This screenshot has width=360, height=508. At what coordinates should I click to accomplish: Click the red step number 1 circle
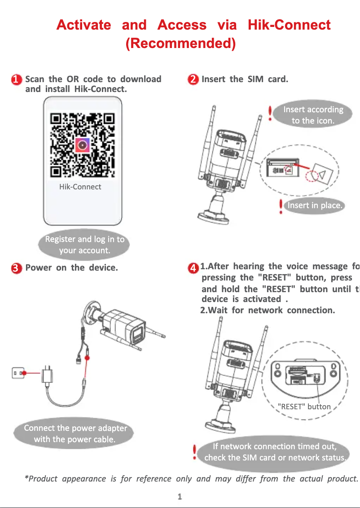point(16,80)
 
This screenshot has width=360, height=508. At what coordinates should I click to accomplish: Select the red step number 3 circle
point(16,268)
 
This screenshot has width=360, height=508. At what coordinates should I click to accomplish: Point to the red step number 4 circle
point(193,268)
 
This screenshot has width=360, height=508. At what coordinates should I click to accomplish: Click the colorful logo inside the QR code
point(82,145)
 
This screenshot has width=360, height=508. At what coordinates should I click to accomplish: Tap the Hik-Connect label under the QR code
point(80,187)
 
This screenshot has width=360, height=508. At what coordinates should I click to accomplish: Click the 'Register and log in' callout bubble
point(84,245)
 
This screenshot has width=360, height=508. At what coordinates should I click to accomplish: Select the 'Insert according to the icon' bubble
point(313,115)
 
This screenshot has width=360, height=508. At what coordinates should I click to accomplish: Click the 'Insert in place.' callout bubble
point(315,206)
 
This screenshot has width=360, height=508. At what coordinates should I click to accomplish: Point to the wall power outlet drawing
point(18,372)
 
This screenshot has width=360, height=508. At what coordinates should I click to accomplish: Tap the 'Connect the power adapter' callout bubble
point(75,434)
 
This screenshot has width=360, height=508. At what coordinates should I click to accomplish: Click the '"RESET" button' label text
point(304,407)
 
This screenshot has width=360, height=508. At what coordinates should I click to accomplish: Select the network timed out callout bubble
point(275,452)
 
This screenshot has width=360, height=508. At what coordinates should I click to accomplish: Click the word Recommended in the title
point(180,44)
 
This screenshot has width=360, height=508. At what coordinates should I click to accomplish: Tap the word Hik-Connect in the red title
point(289,25)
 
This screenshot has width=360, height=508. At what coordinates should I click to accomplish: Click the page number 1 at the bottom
point(180,496)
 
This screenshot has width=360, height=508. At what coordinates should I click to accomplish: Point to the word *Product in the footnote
point(41,478)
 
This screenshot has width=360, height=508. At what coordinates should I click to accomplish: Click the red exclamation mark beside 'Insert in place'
point(281,206)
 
